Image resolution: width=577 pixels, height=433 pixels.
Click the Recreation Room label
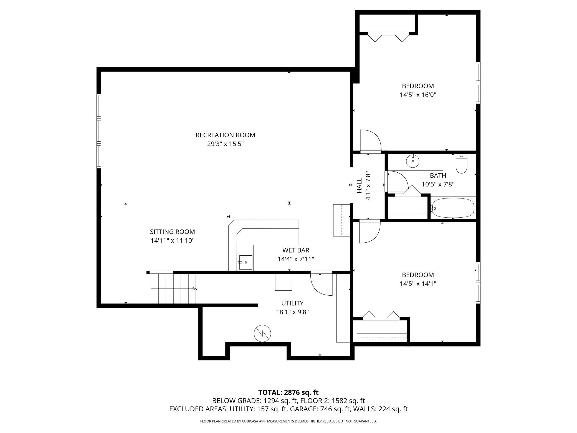point(225,135)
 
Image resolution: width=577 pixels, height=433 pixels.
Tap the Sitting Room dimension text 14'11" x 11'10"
point(172,241)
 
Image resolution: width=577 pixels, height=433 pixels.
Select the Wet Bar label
point(296,250)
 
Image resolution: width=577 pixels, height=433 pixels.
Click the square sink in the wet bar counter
point(246,262)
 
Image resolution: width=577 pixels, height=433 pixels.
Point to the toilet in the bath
point(462,163)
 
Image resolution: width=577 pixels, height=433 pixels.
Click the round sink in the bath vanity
point(413,161)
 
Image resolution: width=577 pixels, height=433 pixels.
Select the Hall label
point(360,186)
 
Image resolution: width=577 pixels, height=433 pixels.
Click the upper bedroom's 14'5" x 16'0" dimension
point(418,95)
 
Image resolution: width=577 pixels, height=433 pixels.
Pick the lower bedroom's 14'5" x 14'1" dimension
point(418,284)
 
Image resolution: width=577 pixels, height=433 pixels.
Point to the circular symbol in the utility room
point(262,333)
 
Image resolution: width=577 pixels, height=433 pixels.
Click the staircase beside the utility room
point(173,289)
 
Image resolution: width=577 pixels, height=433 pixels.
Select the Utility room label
point(292,303)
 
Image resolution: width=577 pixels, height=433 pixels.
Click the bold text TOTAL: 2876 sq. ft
point(288,392)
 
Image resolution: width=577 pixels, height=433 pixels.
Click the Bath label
point(438,175)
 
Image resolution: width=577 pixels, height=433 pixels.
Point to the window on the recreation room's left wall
point(99,131)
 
